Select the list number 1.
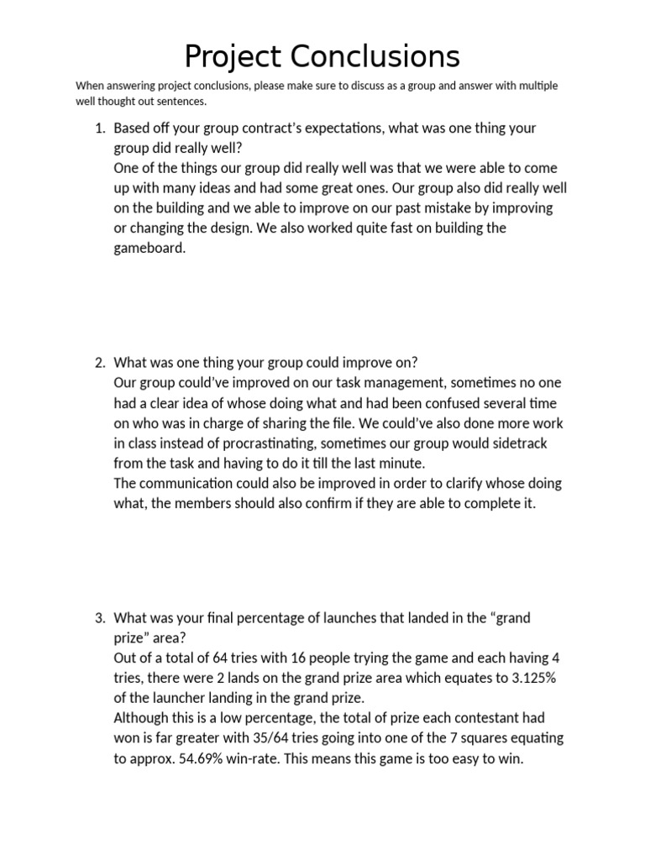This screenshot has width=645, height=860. coord(98,128)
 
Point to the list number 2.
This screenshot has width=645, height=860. coord(98,363)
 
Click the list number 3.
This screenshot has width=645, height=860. coord(98,618)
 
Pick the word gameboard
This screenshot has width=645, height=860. coord(149,249)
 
